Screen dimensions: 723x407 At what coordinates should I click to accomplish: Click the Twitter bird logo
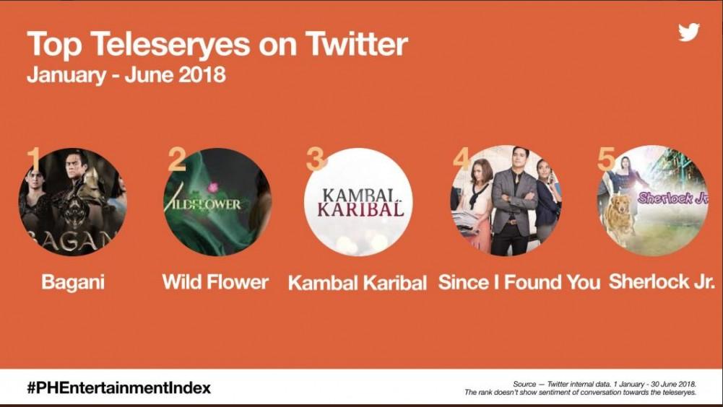(x=689, y=32)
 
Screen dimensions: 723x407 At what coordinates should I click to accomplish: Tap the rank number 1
(x=34, y=159)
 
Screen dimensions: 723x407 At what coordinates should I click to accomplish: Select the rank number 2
(x=176, y=159)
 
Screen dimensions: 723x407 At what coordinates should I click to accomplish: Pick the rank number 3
(x=316, y=159)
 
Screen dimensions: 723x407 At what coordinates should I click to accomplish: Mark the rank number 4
(x=461, y=159)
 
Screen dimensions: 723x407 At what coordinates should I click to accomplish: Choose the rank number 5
(x=606, y=159)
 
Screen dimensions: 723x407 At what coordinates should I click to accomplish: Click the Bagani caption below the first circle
(x=73, y=282)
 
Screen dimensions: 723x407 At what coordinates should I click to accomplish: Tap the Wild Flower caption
(x=215, y=281)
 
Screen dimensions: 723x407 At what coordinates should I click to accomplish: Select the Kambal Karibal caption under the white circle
(x=358, y=283)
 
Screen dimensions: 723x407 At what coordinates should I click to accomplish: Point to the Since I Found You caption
(x=519, y=282)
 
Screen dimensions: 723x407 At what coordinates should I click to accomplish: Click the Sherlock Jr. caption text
(x=662, y=281)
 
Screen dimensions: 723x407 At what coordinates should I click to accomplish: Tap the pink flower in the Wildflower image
(x=212, y=187)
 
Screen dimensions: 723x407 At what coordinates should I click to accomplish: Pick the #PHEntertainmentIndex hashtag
(x=118, y=388)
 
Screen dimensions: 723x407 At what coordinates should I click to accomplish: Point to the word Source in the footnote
(x=524, y=384)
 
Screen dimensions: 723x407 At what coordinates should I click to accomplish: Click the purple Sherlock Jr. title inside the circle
(x=673, y=198)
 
